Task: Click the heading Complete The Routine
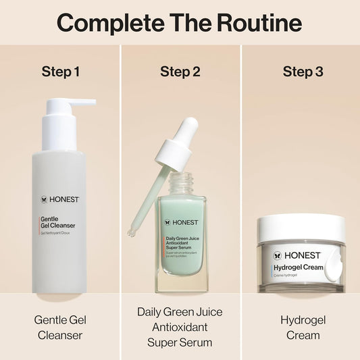tap(179, 23)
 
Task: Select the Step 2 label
tap(180, 72)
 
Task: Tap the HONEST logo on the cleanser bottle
tap(59, 201)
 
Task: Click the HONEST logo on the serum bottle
tap(180, 222)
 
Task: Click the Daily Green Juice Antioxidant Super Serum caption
tap(180, 327)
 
